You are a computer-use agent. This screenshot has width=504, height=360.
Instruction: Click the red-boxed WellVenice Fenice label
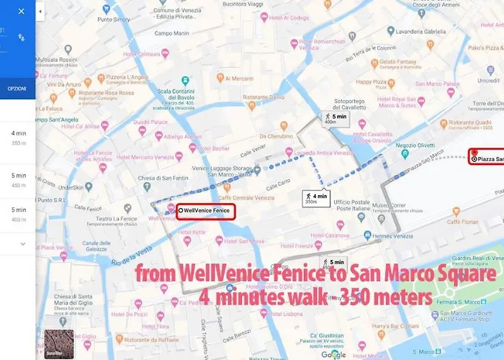pos(206,210)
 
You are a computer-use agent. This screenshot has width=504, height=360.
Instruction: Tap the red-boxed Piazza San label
pos(486,158)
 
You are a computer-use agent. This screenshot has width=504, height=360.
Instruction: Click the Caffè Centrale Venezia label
pos(246,197)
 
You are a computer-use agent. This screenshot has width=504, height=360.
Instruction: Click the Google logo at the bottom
pos(333,354)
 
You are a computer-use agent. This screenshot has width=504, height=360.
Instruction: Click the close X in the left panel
pos(21,12)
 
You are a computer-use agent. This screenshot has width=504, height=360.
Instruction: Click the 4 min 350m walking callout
pos(315,198)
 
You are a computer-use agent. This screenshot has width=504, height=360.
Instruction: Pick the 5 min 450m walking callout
pos(334,265)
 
